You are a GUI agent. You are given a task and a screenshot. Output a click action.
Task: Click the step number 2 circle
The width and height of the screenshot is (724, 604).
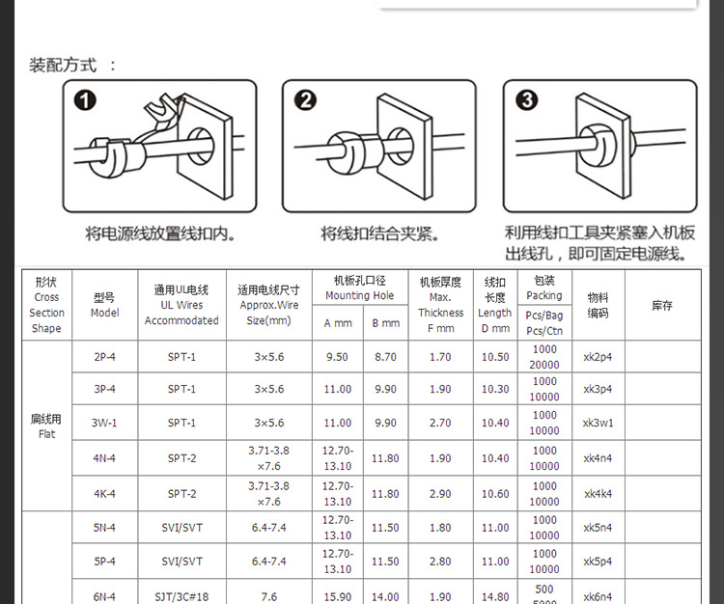tap(306, 101)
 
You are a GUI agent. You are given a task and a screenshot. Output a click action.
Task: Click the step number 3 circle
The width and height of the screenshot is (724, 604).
tap(527, 101)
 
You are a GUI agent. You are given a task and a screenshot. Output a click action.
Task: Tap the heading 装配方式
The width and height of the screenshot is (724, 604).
tap(64, 66)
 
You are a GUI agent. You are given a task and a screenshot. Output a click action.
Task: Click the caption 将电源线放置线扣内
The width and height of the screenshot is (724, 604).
tap(160, 233)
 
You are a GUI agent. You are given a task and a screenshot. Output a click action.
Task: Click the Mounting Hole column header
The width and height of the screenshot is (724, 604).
tap(359, 288)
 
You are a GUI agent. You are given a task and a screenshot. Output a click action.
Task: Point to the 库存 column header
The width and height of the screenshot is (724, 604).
tap(661, 305)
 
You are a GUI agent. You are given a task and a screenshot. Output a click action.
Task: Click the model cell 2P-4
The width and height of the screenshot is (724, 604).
tap(104, 357)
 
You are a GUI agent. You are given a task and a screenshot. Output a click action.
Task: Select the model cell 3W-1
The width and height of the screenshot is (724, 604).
tap(104, 423)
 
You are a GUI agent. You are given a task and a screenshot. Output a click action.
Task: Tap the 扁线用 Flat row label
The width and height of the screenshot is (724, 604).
tap(46, 426)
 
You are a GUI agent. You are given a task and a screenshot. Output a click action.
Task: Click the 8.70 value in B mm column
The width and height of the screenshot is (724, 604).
tap(385, 357)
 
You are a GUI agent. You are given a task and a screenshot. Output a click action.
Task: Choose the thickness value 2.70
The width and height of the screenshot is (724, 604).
tap(439, 423)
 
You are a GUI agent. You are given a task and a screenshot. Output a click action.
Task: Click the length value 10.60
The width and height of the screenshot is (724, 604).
tap(494, 494)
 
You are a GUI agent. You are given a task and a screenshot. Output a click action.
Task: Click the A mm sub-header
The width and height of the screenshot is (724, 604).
tap(337, 323)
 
